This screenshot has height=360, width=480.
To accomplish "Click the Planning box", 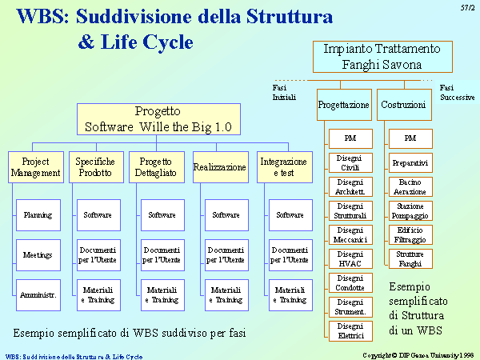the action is pos(38,215).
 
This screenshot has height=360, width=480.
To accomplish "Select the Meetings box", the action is pos(38,255).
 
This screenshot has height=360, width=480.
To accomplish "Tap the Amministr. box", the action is pos(38,295).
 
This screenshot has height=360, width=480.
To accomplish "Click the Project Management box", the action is pos(36,167).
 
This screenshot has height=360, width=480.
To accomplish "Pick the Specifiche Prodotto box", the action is pos(97,167).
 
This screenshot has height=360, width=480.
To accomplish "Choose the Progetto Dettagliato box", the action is pos(157,167).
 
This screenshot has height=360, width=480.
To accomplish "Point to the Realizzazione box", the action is pos(221,167).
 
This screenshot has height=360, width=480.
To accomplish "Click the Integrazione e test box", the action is pos(285,167).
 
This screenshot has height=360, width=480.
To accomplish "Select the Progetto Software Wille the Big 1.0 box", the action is pos(158,119).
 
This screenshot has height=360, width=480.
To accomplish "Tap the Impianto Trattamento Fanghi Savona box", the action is pos(382,57).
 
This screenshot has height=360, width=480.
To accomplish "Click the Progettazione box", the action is pos(344,105).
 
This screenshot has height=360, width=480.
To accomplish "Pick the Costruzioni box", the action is pos(404,105).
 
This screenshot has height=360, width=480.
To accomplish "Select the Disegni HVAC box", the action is pos(351,259).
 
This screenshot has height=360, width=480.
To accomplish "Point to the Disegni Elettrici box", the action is pos(351,331).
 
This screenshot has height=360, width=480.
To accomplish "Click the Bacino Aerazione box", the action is pos(411,186).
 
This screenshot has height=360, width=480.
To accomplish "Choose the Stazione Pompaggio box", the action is pos(411,211).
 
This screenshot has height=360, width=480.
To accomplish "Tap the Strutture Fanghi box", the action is pos(411,259).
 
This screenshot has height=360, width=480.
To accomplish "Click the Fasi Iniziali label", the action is pos(284,93).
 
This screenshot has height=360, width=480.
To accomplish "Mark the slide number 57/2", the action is pos(467,8).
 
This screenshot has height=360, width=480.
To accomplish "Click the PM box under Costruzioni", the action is pos(411,138).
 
